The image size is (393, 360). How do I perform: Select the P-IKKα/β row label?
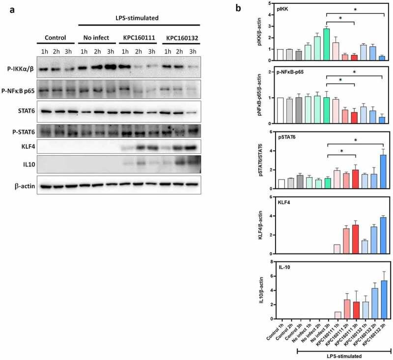[20, 69]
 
